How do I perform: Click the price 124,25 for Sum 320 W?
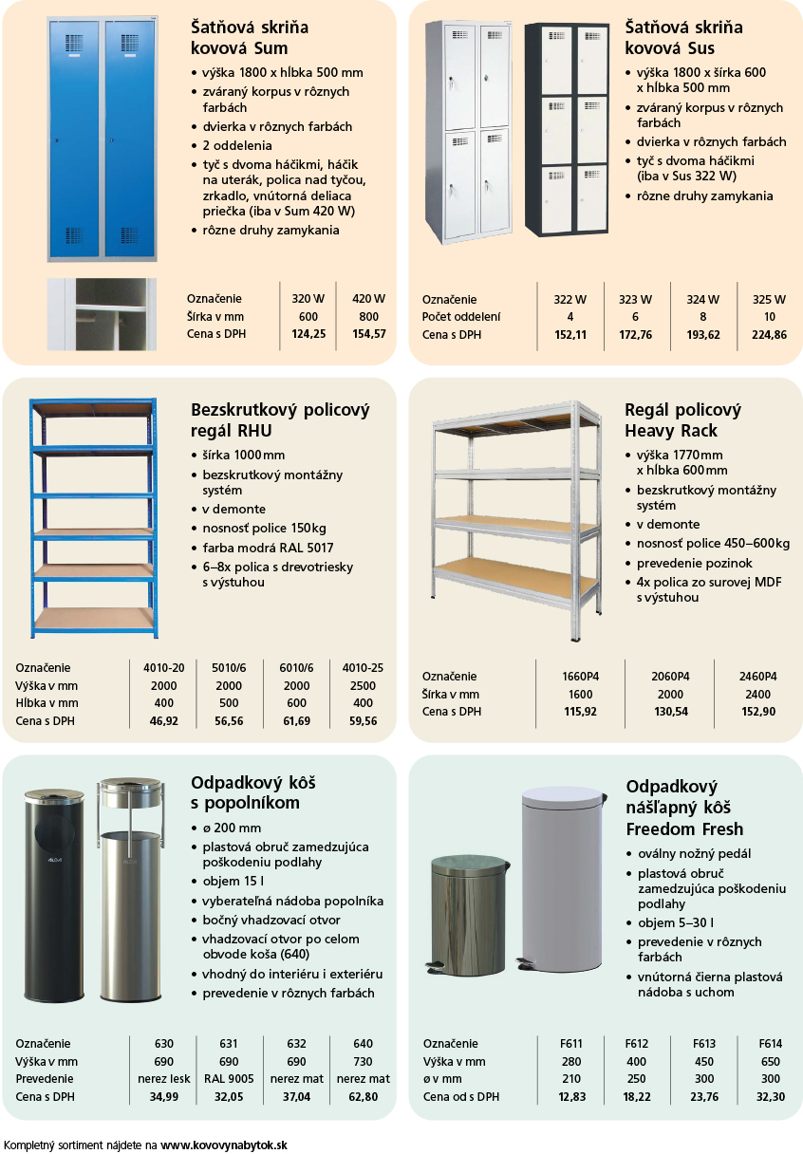point(308,334)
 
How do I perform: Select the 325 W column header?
point(769,299)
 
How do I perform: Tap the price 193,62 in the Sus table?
point(703,335)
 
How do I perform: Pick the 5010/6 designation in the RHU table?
point(229,668)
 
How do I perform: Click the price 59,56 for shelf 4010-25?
point(363,720)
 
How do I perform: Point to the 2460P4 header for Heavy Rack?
point(757,677)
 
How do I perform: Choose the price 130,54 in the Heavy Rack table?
point(670,712)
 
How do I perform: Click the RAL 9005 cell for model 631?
point(229,1078)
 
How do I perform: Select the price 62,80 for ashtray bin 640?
point(363,1096)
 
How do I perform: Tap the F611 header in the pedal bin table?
point(571,1043)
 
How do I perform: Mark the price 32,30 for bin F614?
point(771,1096)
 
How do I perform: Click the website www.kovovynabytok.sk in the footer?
point(224,1145)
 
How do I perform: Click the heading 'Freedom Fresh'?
point(684,828)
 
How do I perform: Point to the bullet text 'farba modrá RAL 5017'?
point(268,548)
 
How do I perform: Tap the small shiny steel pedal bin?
point(468,916)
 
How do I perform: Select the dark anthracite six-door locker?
point(567,129)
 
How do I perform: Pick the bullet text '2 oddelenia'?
point(237,145)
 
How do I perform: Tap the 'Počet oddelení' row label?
point(460,317)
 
